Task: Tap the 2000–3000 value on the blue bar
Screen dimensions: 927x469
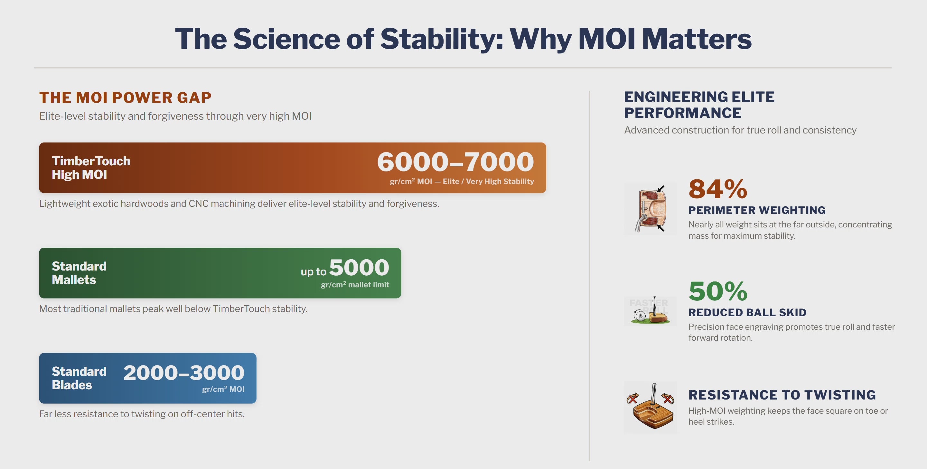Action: (184, 372)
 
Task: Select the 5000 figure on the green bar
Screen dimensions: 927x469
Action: (359, 267)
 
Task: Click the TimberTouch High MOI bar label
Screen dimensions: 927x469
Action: (91, 168)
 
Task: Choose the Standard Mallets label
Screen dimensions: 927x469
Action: (79, 273)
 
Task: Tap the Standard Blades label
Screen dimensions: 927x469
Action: (79, 378)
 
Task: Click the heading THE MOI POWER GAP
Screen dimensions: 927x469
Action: (125, 97)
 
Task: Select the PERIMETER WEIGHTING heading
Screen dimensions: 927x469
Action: (757, 210)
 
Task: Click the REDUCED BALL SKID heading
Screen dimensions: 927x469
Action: (747, 312)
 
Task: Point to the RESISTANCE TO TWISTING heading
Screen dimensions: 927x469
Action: (782, 395)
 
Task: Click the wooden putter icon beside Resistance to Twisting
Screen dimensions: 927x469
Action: (650, 407)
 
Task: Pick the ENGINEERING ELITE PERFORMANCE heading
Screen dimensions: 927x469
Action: (699, 105)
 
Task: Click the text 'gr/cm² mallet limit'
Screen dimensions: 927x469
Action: (355, 284)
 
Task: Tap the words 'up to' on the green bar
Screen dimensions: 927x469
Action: (314, 271)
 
